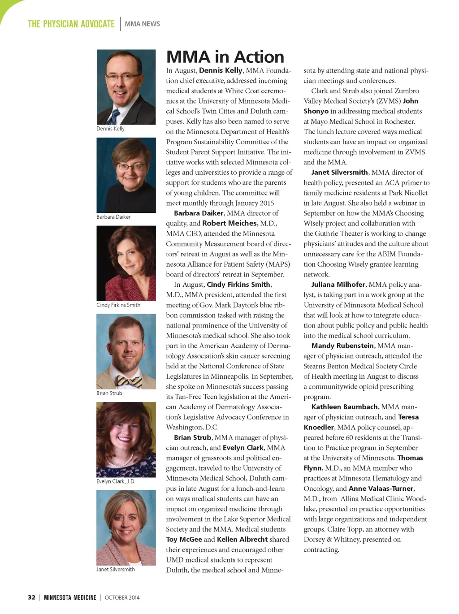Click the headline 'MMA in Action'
point(225,57)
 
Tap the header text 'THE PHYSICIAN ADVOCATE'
point(71,24)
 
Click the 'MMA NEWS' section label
point(142,24)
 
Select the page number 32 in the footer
point(31,597)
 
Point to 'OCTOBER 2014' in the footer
point(122,597)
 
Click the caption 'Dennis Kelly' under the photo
point(110,129)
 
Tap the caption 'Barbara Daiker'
point(113,217)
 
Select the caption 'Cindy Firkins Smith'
point(118,305)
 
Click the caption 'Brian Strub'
point(109,393)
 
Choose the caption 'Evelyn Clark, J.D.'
point(116,481)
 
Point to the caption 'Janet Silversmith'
point(115,569)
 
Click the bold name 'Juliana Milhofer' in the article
point(338,285)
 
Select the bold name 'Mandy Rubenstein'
point(342,346)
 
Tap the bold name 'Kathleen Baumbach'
point(344,407)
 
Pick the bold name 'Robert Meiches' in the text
point(229,223)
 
